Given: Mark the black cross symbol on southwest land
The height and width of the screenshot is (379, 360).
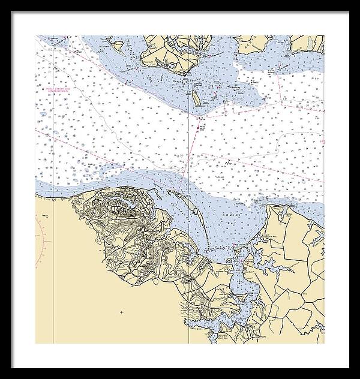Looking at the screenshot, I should point(122,312).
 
